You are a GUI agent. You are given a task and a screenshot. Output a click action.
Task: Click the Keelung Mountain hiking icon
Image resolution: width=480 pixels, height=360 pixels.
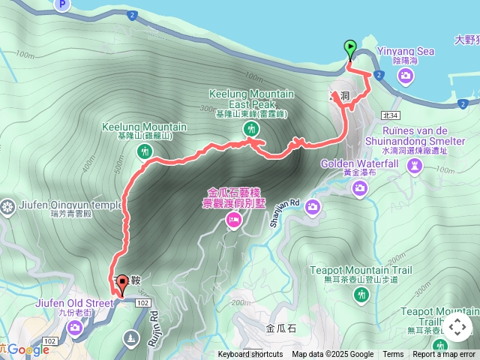coord(145,151)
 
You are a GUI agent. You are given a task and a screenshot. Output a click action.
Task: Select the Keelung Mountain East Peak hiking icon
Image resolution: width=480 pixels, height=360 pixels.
coord(250,129)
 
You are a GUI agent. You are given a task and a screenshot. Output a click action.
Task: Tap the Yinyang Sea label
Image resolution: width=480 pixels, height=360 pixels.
coord(405,52)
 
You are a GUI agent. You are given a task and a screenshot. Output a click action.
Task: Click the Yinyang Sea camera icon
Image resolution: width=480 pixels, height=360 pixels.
coord(406,75)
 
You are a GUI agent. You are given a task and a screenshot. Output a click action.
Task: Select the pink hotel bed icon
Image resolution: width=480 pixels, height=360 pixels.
coord(233,220)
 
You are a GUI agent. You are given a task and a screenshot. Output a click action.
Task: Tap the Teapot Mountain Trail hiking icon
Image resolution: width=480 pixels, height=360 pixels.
coord(362,295)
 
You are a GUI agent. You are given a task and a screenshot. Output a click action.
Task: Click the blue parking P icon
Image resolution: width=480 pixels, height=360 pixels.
coord(62,5)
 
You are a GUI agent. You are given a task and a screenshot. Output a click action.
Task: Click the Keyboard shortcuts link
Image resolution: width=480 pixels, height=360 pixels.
coord(250,355)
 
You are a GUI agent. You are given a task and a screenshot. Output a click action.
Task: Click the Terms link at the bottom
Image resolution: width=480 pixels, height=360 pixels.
coord(393,355)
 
